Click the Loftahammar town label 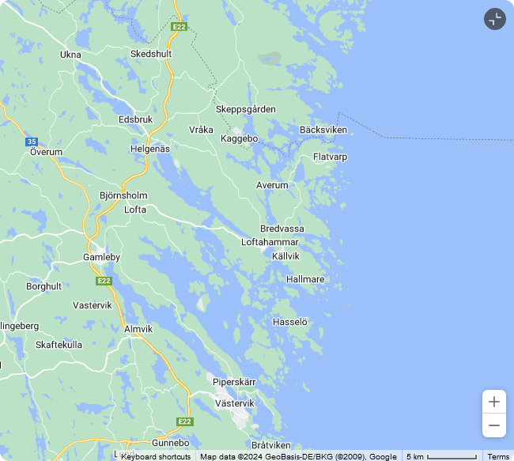pyautogui.click(x=270, y=242)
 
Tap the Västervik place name pyautogui.click(x=235, y=403)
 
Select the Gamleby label pyautogui.click(x=102, y=258)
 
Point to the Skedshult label pyautogui.click(x=151, y=54)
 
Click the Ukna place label pyautogui.click(x=70, y=55)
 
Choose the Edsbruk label pyautogui.click(x=135, y=119)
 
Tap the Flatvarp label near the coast pyautogui.click(x=330, y=157)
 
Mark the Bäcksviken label pyautogui.click(x=323, y=130)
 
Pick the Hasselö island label pyautogui.click(x=289, y=322)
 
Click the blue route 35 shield pyautogui.click(x=31, y=142)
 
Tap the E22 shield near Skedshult pyautogui.click(x=180, y=27)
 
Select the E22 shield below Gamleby pyautogui.click(x=104, y=281)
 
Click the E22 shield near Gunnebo pyautogui.click(x=185, y=421)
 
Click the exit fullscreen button pyautogui.click(x=494, y=19)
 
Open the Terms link pyautogui.click(x=498, y=456)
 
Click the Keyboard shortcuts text pyautogui.click(x=156, y=456)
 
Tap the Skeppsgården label pyautogui.click(x=246, y=109)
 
